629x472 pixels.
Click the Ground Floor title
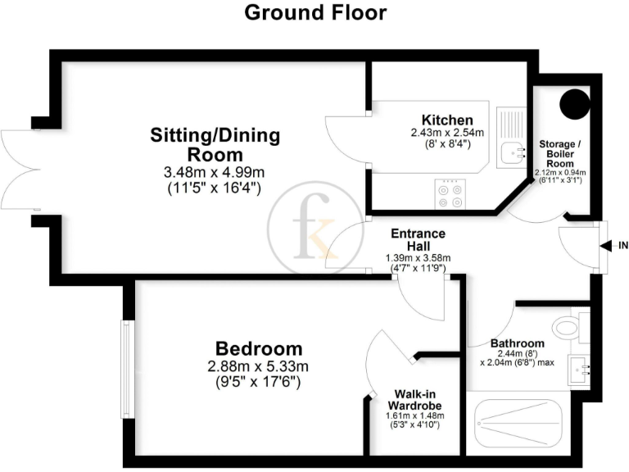point(314,12)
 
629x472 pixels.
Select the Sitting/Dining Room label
point(214,144)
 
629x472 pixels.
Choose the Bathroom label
point(517,343)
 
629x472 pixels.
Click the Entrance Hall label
point(414,240)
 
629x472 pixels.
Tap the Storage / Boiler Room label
point(559,152)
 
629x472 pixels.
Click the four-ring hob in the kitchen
point(449,193)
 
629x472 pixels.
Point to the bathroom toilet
point(568,327)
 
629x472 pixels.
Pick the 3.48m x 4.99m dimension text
point(214,173)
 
